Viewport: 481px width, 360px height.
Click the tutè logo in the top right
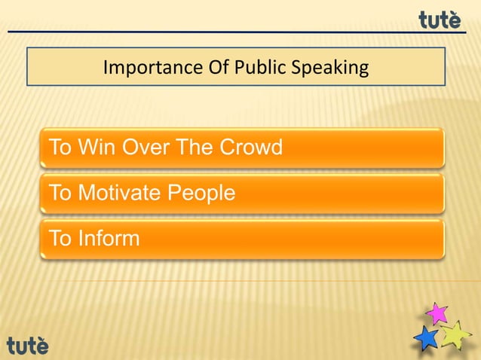(440, 20)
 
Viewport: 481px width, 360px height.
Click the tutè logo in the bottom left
(28, 345)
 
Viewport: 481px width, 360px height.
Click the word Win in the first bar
(93, 147)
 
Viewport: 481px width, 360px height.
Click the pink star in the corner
(437, 313)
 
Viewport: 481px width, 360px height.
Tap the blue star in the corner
(427, 339)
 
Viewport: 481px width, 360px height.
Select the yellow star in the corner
(455, 335)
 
